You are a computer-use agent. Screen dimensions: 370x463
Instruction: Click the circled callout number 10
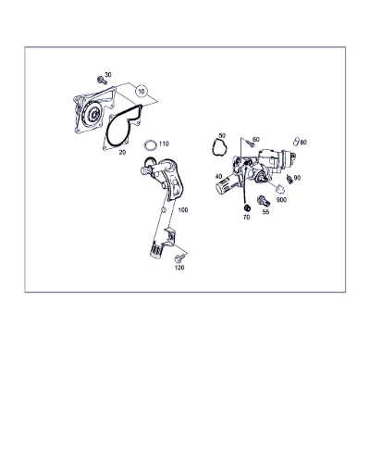click(142, 92)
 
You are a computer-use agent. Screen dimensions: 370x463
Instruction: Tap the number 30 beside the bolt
click(108, 75)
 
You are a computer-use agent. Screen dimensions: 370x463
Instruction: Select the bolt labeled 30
click(102, 81)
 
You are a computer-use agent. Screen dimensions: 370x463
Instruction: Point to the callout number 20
click(122, 152)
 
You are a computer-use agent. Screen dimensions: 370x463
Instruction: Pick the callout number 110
click(164, 144)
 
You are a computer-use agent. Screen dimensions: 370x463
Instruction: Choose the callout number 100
click(183, 210)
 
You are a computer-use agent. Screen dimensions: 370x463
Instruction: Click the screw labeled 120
click(179, 258)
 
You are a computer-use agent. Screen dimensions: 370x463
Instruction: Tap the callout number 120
click(179, 268)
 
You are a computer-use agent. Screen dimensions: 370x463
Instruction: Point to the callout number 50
click(222, 136)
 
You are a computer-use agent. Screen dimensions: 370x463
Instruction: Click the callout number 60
click(255, 140)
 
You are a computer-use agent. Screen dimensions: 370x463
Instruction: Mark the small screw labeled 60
click(251, 144)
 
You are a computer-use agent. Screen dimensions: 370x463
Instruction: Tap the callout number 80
click(303, 143)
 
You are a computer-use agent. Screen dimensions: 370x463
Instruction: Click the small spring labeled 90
click(290, 179)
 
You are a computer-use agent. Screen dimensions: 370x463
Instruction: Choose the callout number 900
click(281, 200)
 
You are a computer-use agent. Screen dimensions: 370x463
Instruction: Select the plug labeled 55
click(264, 201)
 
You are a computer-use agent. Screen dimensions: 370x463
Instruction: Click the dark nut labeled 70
click(247, 207)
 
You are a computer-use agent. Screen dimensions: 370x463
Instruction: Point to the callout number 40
click(218, 177)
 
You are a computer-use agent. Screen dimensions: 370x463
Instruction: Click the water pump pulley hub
click(92, 115)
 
